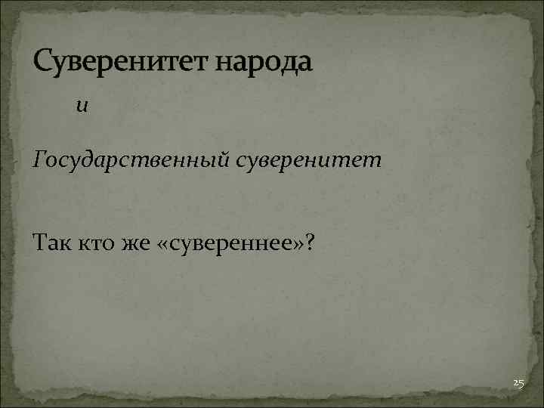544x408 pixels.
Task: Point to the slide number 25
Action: coord(518,384)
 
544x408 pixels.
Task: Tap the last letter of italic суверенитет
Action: coord(376,161)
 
